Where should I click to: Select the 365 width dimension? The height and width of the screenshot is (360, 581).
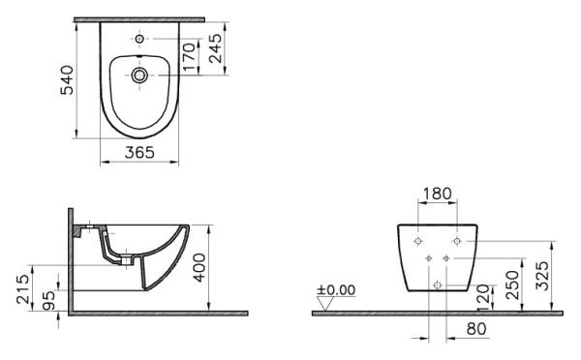pyautogui.click(x=141, y=153)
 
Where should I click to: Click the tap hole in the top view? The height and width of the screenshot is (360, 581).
pyautogui.click(x=141, y=39)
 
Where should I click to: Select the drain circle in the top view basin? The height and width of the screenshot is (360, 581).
pyautogui.click(x=141, y=74)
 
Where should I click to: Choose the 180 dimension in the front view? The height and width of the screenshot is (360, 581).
pyautogui.click(x=438, y=194)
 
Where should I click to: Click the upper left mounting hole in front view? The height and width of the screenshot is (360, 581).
pyautogui.click(x=418, y=239)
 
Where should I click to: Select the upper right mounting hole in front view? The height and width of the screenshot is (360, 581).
pyautogui.click(x=457, y=239)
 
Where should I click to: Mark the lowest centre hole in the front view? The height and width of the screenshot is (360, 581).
pyautogui.click(x=438, y=285)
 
